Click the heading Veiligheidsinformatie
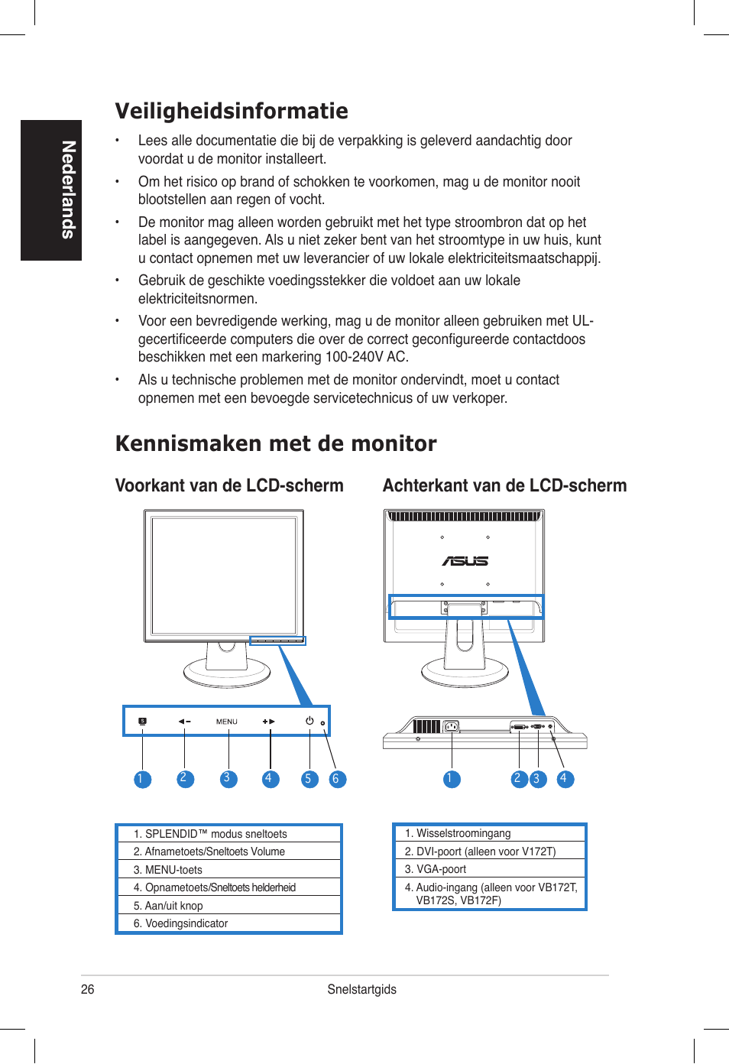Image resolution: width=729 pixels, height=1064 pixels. [232, 112]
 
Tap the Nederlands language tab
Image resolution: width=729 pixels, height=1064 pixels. [51, 190]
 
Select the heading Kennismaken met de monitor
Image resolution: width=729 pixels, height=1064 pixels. [276, 444]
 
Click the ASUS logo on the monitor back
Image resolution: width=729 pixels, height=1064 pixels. [465, 561]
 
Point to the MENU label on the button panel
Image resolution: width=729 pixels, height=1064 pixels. [226, 722]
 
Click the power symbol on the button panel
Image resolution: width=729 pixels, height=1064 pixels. [309, 721]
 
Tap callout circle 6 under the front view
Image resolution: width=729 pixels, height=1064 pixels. [336, 779]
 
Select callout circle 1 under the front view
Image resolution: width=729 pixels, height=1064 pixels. [142, 779]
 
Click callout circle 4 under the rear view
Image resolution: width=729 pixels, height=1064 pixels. [565, 779]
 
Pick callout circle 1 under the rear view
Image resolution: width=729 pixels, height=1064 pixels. [452, 779]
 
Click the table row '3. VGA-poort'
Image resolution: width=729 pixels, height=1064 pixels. [489, 869]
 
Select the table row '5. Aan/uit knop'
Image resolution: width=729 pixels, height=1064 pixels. [228, 906]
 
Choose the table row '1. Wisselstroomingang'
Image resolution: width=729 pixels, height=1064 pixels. [489, 833]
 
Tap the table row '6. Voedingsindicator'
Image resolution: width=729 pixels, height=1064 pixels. [228, 923]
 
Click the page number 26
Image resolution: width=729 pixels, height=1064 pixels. [88, 989]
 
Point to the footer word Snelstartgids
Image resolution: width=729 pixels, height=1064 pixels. [361, 989]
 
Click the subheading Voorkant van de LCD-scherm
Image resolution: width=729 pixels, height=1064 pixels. [229, 486]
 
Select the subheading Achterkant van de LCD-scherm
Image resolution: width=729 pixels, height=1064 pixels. [504, 486]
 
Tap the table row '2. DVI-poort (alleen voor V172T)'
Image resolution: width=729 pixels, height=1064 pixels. [489, 852]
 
